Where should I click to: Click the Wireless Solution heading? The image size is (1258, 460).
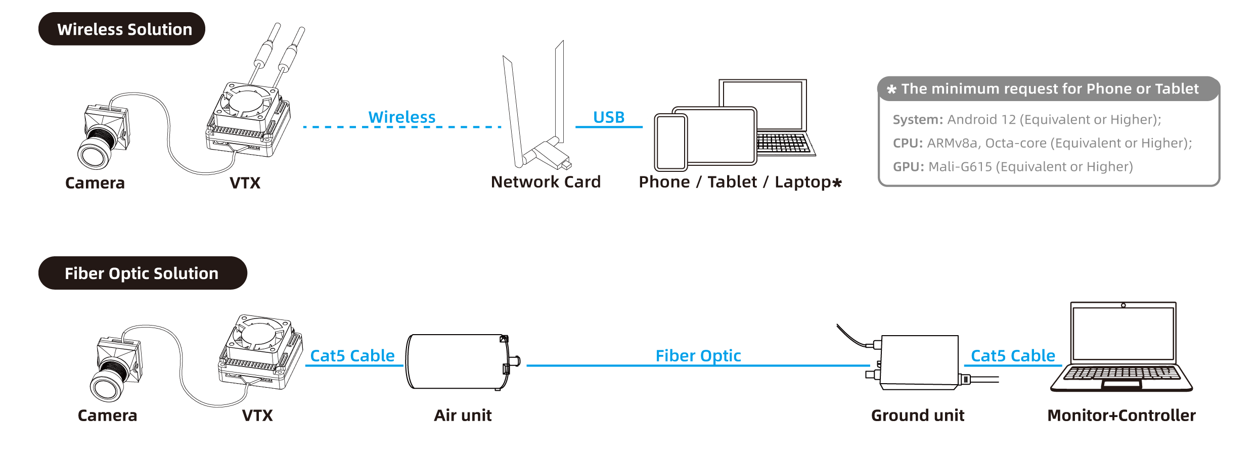(124, 29)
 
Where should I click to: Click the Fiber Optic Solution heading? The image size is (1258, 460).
(142, 273)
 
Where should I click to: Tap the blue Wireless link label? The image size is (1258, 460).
(401, 117)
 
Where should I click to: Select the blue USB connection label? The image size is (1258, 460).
(609, 117)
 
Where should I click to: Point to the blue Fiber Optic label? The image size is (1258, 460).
(698, 356)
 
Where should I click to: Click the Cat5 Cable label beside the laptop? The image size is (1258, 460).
(1013, 356)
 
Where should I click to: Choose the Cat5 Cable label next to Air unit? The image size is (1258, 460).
(352, 356)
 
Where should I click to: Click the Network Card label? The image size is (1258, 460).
(546, 182)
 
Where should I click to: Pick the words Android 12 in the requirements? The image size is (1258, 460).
(981, 120)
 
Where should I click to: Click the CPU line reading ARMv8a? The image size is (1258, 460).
(952, 144)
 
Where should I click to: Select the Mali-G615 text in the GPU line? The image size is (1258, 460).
(960, 167)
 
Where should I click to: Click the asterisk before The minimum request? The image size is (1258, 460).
(891, 89)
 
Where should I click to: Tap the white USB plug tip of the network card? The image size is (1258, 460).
(554, 141)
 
